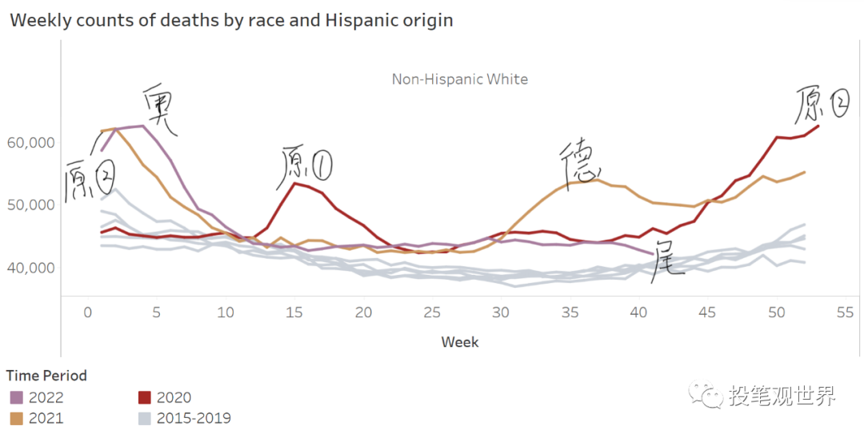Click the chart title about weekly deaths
[x=231, y=21]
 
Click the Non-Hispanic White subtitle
[x=459, y=79]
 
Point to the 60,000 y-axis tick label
[x=30, y=143]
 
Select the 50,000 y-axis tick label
[x=30, y=205]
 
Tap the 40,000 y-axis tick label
[x=30, y=267]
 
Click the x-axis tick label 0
[x=88, y=313]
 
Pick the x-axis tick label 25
[x=432, y=313]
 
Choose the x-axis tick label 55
[x=845, y=313]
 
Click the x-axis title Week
[x=460, y=342]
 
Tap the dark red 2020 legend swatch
[x=145, y=398]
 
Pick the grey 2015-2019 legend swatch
[x=145, y=418]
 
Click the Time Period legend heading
[x=46, y=376]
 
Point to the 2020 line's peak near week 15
[x=295, y=183]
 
